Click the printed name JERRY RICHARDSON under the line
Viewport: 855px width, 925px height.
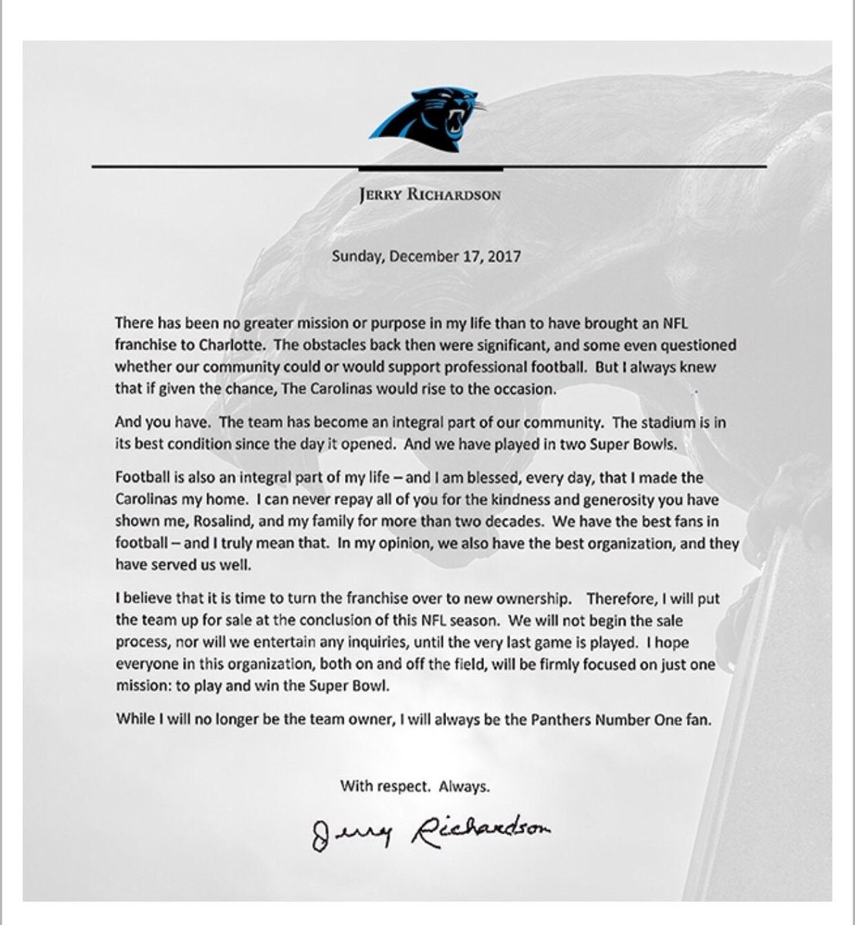coord(430,195)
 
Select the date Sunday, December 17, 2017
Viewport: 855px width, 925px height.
coord(426,256)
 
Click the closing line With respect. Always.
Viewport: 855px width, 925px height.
coord(415,787)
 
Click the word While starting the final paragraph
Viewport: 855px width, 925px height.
coord(133,719)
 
